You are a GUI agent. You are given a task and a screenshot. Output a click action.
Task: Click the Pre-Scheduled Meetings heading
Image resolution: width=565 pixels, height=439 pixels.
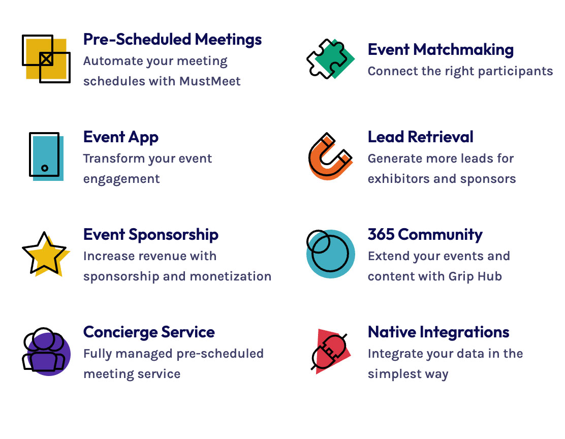(172, 40)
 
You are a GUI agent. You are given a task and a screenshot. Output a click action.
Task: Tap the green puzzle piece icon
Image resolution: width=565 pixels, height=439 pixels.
(330, 59)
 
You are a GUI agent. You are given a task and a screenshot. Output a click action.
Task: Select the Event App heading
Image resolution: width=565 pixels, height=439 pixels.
(121, 137)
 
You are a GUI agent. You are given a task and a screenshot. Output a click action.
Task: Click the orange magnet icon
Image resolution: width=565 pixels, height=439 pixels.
(330, 156)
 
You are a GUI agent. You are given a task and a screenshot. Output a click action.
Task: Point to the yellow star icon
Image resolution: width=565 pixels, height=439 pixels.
(45, 254)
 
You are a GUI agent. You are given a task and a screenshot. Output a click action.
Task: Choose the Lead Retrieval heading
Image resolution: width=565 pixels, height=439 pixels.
(420, 137)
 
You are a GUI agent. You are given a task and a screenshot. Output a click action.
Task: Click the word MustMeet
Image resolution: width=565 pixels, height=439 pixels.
(210, 81)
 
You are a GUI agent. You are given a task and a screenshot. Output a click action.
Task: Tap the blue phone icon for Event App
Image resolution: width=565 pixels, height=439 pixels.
(46, 156)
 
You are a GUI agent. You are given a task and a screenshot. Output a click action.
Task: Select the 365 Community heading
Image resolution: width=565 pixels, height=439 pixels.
(425, 235)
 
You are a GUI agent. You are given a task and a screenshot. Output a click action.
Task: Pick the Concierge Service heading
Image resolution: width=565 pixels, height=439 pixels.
(149, 332)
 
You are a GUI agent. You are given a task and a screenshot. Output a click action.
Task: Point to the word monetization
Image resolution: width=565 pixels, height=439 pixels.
(230, 276)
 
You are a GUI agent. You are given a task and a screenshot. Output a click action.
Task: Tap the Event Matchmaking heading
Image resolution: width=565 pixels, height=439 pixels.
(441, 50)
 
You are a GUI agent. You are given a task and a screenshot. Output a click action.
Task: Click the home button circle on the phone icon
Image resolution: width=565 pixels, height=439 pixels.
(45, 168)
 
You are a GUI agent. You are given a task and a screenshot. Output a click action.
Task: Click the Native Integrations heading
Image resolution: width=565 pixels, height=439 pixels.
(438, 332)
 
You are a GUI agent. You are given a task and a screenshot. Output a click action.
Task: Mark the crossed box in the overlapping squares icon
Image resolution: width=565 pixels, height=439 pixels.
(46, 59)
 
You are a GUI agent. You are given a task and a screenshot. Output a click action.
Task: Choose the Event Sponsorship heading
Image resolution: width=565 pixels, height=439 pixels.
(150, 235)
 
